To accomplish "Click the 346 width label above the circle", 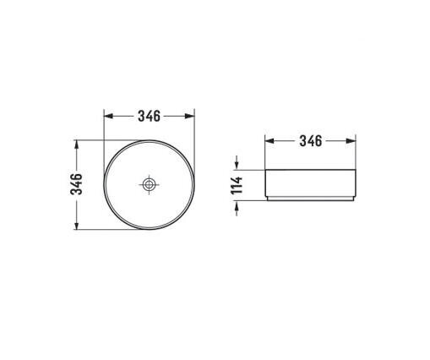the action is (149, 116).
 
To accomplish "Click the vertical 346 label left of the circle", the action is (76, 184).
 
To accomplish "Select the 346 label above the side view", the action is (311, 141).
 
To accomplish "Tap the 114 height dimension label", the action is (237, 185).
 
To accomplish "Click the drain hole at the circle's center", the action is (149, 184).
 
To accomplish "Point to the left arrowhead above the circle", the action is (108, 116).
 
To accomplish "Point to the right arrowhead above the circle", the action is (190, 116).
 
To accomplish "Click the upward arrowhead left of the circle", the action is (77, 145).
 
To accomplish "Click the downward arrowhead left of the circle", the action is (77, 225).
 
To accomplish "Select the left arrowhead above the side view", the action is (269, 141).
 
